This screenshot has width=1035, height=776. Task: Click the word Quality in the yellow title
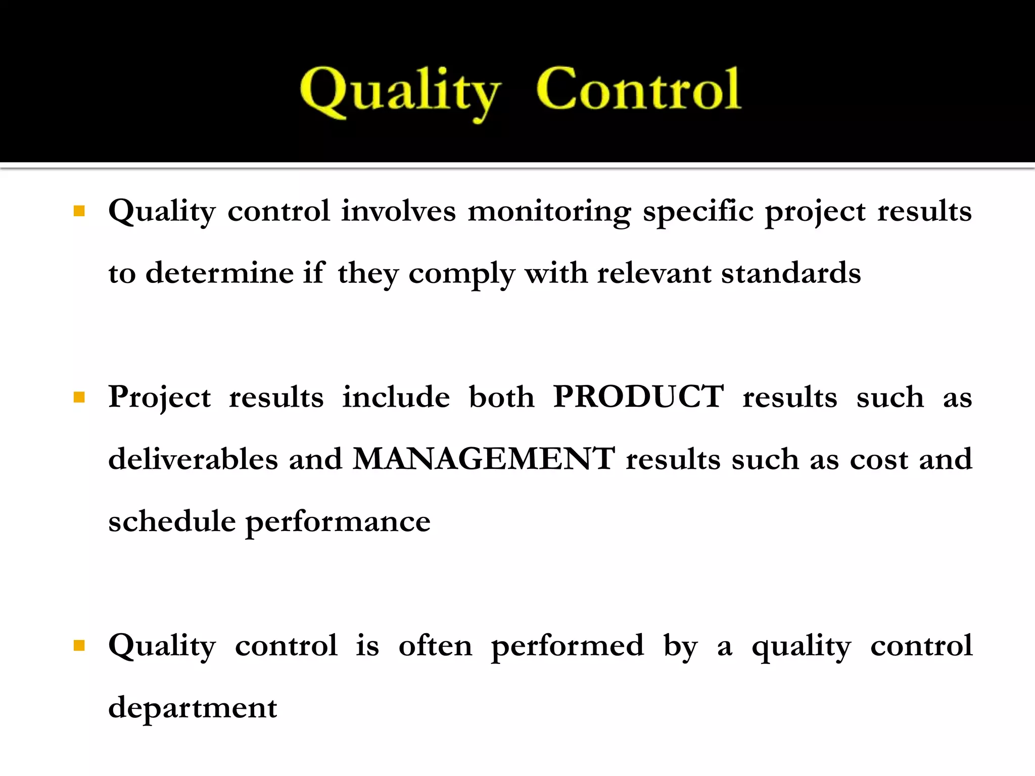click(399, 92)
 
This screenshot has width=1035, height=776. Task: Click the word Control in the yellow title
click(638, 89)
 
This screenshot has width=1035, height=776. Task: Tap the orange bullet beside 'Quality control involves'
click(79, 211)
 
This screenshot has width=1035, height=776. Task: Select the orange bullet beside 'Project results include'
click(79, 397)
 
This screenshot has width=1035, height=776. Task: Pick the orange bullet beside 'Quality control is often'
click(79, 645)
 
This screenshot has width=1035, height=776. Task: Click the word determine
click(220, 273)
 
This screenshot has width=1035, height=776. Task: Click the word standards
click(790, 273)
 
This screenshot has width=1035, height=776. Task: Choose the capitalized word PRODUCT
click(638, 397)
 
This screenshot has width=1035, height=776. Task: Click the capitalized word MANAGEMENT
click(484, 459)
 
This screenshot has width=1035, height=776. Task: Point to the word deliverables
click(193, 459)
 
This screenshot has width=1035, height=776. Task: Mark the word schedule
click(172, 521)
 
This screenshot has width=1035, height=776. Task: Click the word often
click(435, 646)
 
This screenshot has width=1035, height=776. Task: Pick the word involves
click(398, 211)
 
